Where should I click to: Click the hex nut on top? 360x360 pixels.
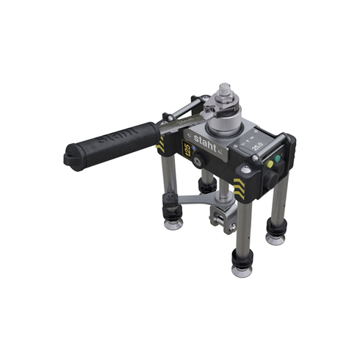coord(225,96)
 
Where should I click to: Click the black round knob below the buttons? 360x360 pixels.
coord(271,178)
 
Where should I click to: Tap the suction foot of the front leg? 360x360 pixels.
coord(242,267)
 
